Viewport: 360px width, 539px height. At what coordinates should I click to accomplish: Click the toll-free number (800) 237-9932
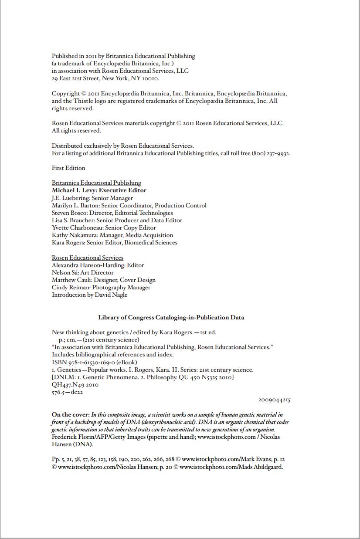tap(271, 153)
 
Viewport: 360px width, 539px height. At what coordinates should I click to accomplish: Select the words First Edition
tap(68, 168)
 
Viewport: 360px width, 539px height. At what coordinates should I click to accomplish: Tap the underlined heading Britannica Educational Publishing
tap(96, 183)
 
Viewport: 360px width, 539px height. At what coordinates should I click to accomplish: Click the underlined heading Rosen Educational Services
tap(88, 258)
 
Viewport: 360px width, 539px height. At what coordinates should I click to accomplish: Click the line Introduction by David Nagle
tap(89, 295)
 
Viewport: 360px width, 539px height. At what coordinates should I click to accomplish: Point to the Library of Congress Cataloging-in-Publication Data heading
tap(171, 317)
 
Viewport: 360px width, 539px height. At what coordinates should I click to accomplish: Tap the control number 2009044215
tap(274, 400)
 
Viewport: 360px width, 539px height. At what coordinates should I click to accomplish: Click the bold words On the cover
tap(71, 415)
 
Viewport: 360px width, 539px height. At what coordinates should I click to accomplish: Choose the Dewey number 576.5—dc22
tap(67, 392)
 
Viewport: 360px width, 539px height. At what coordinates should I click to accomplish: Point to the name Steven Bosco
tap(69, 213)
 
